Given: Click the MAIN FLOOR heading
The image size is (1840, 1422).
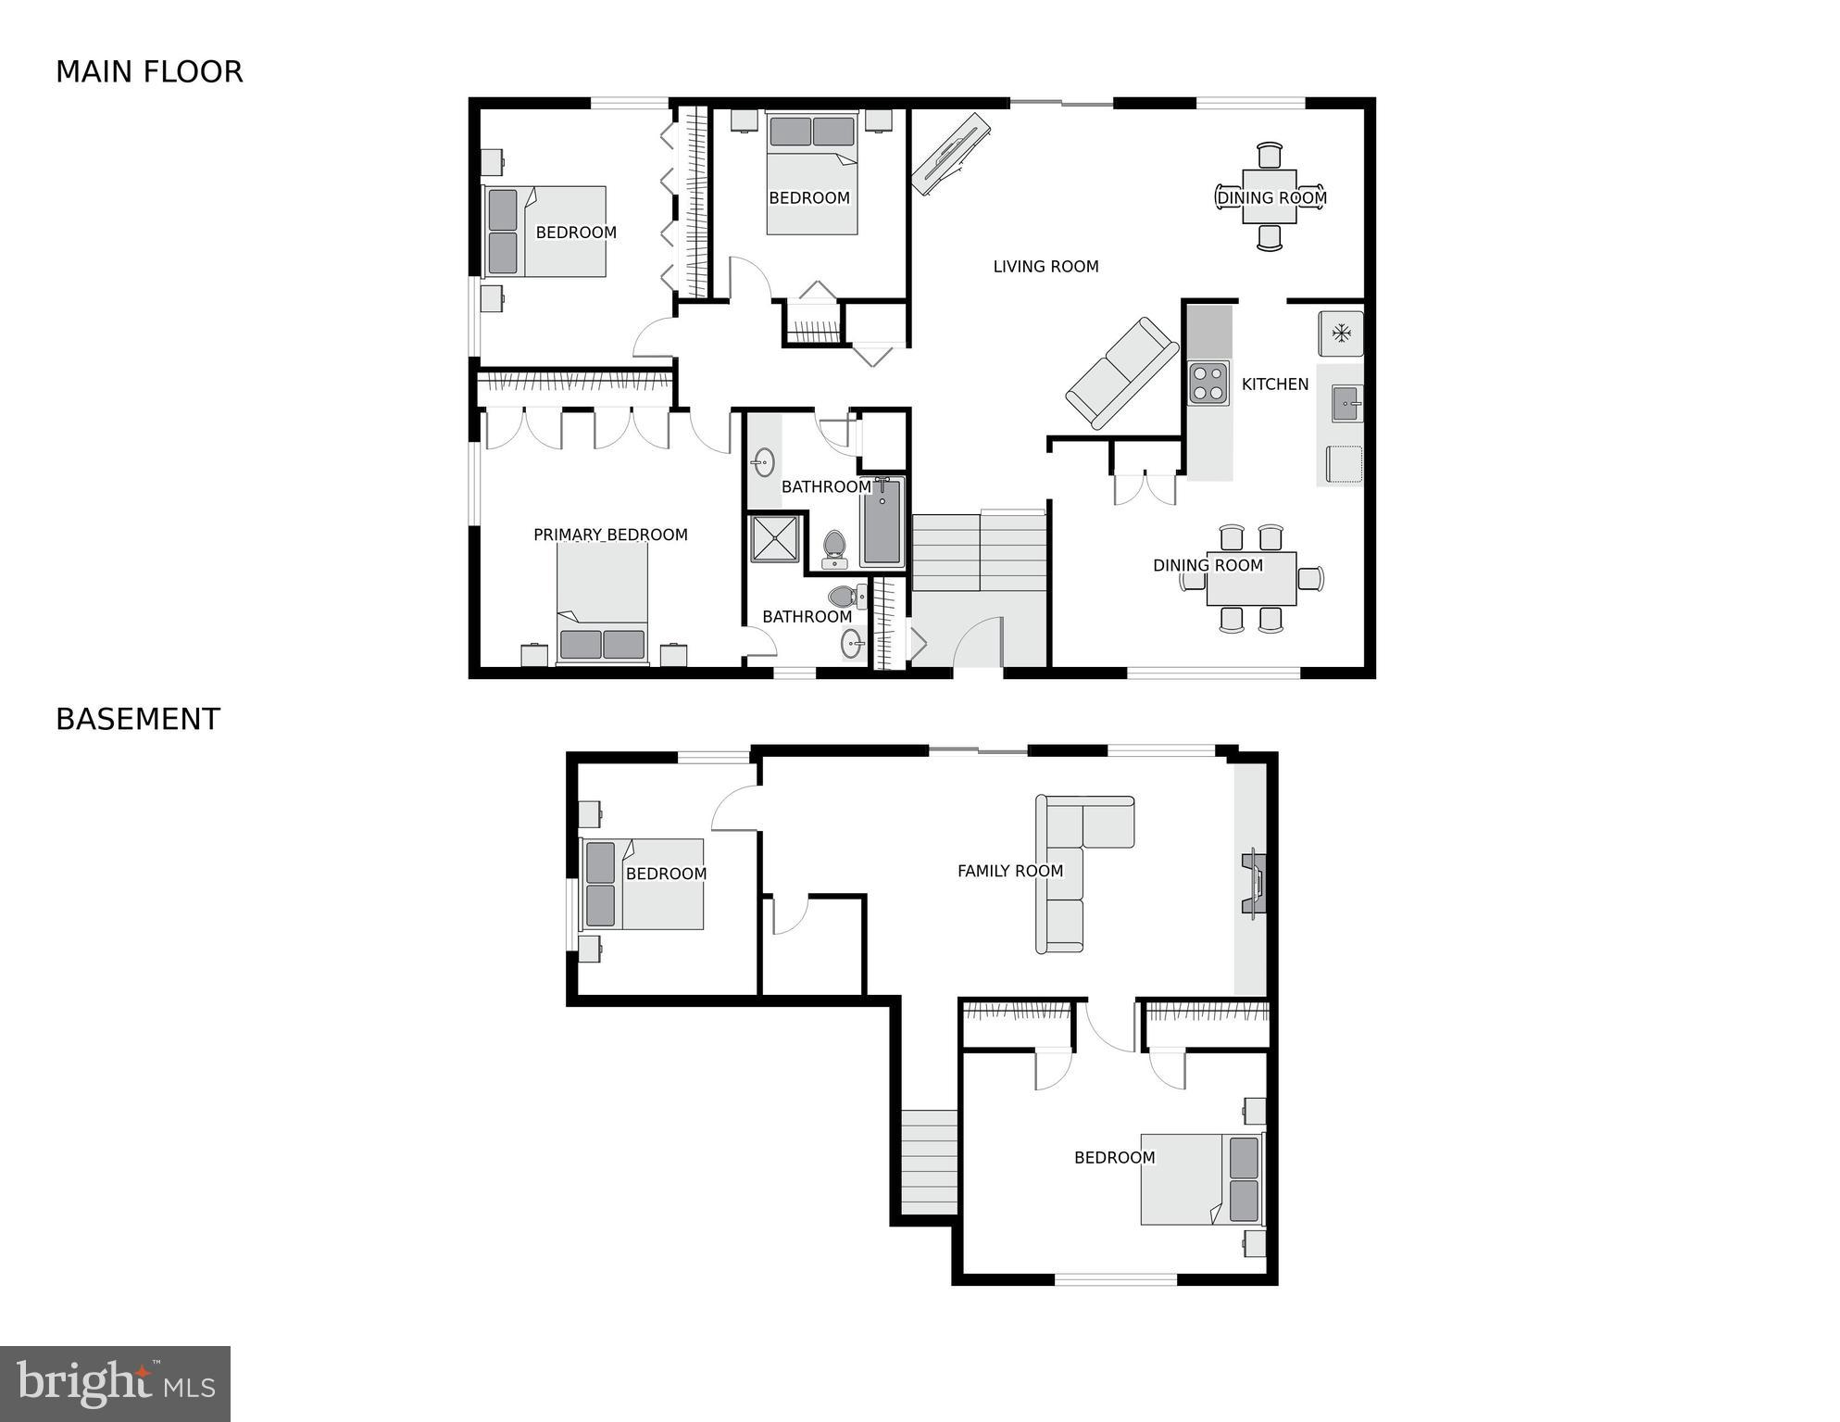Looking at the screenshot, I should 149,72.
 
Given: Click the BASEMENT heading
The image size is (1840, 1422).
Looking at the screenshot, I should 138,720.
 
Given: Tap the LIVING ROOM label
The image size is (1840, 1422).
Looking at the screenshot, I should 1045,267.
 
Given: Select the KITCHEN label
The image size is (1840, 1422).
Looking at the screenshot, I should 1274,384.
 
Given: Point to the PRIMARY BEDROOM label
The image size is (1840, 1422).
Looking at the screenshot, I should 610,535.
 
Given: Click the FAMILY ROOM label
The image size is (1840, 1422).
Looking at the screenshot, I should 1009,871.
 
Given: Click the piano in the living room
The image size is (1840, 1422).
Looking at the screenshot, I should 950,153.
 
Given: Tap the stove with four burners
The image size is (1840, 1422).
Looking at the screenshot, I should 1208,384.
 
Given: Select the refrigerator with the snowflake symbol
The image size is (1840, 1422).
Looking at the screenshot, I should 1340,333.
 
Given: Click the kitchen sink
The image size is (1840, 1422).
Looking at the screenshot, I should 1346,404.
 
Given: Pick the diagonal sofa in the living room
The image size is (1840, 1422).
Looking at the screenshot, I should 1121,372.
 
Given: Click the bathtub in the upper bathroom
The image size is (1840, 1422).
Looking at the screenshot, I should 881,522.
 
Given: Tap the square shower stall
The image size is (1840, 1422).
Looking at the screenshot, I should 774,538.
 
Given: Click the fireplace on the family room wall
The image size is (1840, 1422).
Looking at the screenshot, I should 1254,882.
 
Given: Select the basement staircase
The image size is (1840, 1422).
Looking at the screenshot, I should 930,1162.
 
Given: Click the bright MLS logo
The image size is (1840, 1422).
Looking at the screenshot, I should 115,1384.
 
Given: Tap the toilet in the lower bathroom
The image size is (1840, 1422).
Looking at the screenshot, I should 845,596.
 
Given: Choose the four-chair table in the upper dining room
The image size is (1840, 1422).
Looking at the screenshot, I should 1269,196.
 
